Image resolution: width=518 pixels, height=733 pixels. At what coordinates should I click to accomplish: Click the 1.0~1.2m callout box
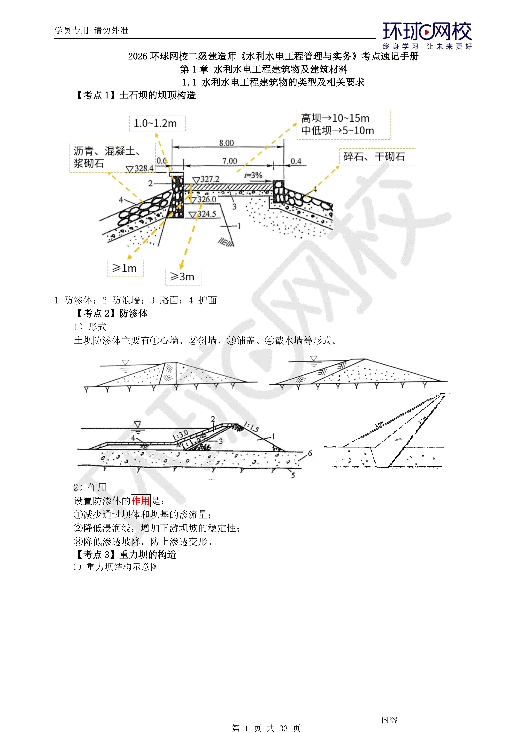pos(157,124)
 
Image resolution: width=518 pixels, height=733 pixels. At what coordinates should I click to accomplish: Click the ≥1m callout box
pos(125,268)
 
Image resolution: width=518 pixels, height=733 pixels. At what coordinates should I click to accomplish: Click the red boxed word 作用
pos(141,501)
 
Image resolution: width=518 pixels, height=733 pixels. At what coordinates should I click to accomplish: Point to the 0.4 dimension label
pos(296,161)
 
